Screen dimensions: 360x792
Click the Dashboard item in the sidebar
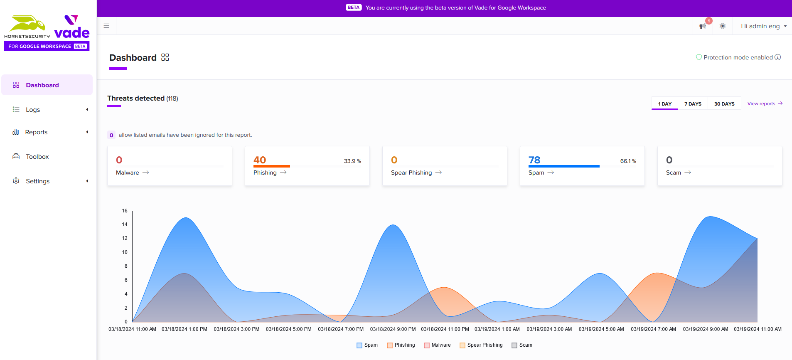pyautogui.click(x=42, y=85)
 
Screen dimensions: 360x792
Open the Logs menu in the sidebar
pyautogui.click(x=33, y=110)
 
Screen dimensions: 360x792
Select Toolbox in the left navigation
pyautogui.click(x=37, y=157)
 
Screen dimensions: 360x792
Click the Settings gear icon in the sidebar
pyautogui.click(x=16, y=181)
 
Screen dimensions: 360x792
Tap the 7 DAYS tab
pyautogui.click(x=693, y=104)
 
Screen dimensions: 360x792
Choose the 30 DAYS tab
pyautogui.click(x=724, y=104)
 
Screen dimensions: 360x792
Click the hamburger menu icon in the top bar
pyautogui.click(x=106, y=26)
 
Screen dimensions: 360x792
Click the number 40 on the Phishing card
pyautogui.click(x=260, y=160)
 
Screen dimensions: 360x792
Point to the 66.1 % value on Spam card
pyautogui.click(x=628, y=161)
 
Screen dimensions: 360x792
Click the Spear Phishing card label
pyautogui.click(x=411, y=173)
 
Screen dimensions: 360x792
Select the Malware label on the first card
pyautogui.click(x=128, y=173)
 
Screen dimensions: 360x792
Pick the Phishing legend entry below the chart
pyautogui.click(x=401, y=345)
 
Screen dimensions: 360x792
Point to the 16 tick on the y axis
pyautogui.click(x=125, y=211)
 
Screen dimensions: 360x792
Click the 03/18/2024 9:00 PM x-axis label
pyautogui.click(x=393, y=329)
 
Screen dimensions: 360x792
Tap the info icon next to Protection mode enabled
pyautogui.click(x=777, y=57)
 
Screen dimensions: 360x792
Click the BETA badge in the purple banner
pyautogui.click(x=354, y=7)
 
